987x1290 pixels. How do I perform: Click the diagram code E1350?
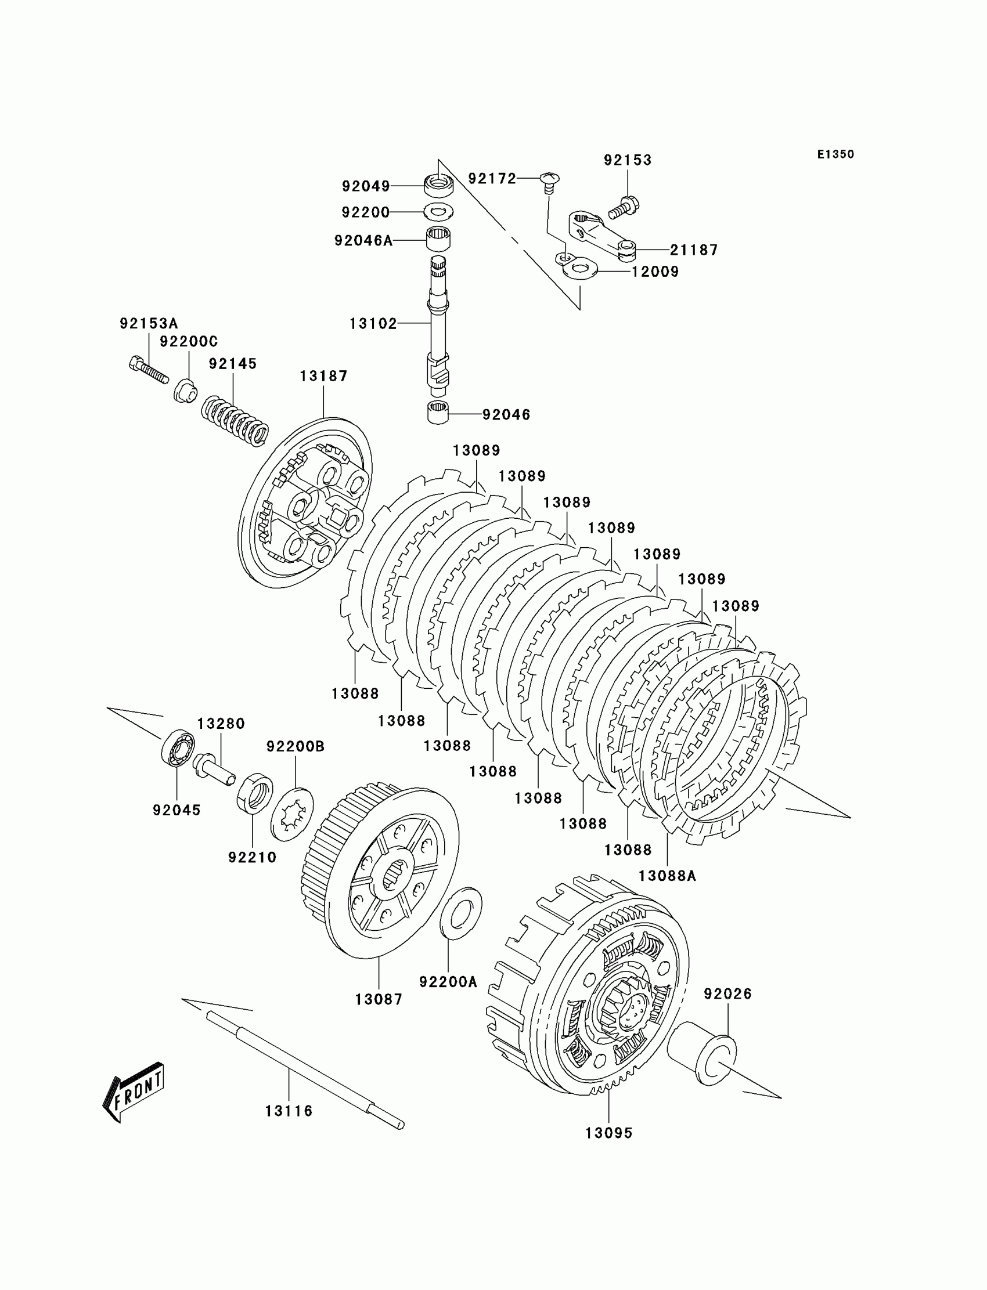pyautogui.click(x=835, y=154)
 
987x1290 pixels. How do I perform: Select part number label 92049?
pyautogui.click(x=366, y=186)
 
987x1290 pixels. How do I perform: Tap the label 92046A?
pyautogui.click(x=363, y=241)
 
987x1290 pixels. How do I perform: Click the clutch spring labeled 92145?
pyautogui.click(x=235, y=420)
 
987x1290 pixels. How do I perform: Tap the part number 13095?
pyautogui.click(x=608, y=1133)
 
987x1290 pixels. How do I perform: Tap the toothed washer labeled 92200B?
pyautogui.click(x=292, y=814)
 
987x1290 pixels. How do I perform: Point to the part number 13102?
pyautogui.click(x=373, y=324)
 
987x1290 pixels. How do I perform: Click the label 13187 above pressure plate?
pyautogui.click(x=323, y=376)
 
